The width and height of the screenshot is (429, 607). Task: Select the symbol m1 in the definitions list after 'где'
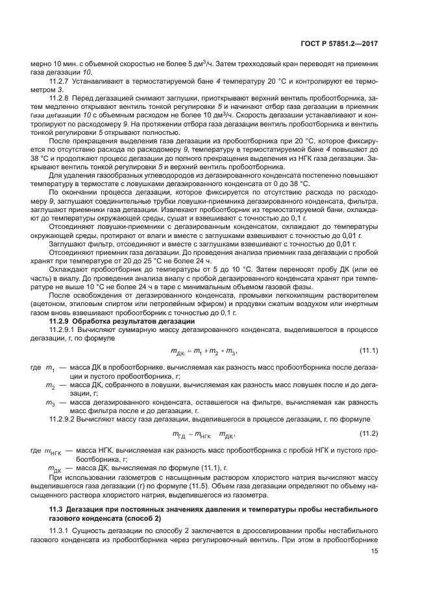pos(50,368)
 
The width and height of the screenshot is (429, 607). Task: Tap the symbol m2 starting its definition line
pos(50,385)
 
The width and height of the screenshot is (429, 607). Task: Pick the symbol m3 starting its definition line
pos(50,402)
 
